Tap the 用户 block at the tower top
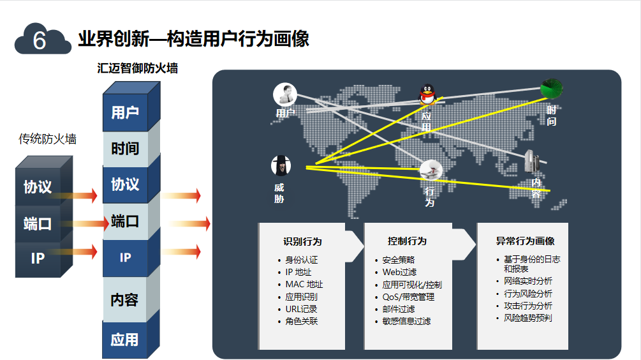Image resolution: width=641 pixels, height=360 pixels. point(125,113)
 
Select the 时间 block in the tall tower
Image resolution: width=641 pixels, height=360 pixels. point(125,149)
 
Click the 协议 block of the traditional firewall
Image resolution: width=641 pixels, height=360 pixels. point(38,187)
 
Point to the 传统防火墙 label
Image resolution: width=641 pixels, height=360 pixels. point(47,139)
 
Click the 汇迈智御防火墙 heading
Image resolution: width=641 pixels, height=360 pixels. point(138,68)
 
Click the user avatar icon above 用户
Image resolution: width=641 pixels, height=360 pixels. point(285,94)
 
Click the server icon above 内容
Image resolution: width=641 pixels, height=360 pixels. point(533,161)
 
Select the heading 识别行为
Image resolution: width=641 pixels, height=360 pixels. point(302,242)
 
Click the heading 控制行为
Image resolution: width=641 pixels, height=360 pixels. point(407,241)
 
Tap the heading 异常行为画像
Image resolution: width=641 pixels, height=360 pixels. point(525,241)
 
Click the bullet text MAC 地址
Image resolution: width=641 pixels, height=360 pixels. point(304,285)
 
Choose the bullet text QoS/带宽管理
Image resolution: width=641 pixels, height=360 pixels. point(408,297)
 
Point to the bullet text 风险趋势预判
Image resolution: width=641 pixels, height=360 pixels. point(527,317)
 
